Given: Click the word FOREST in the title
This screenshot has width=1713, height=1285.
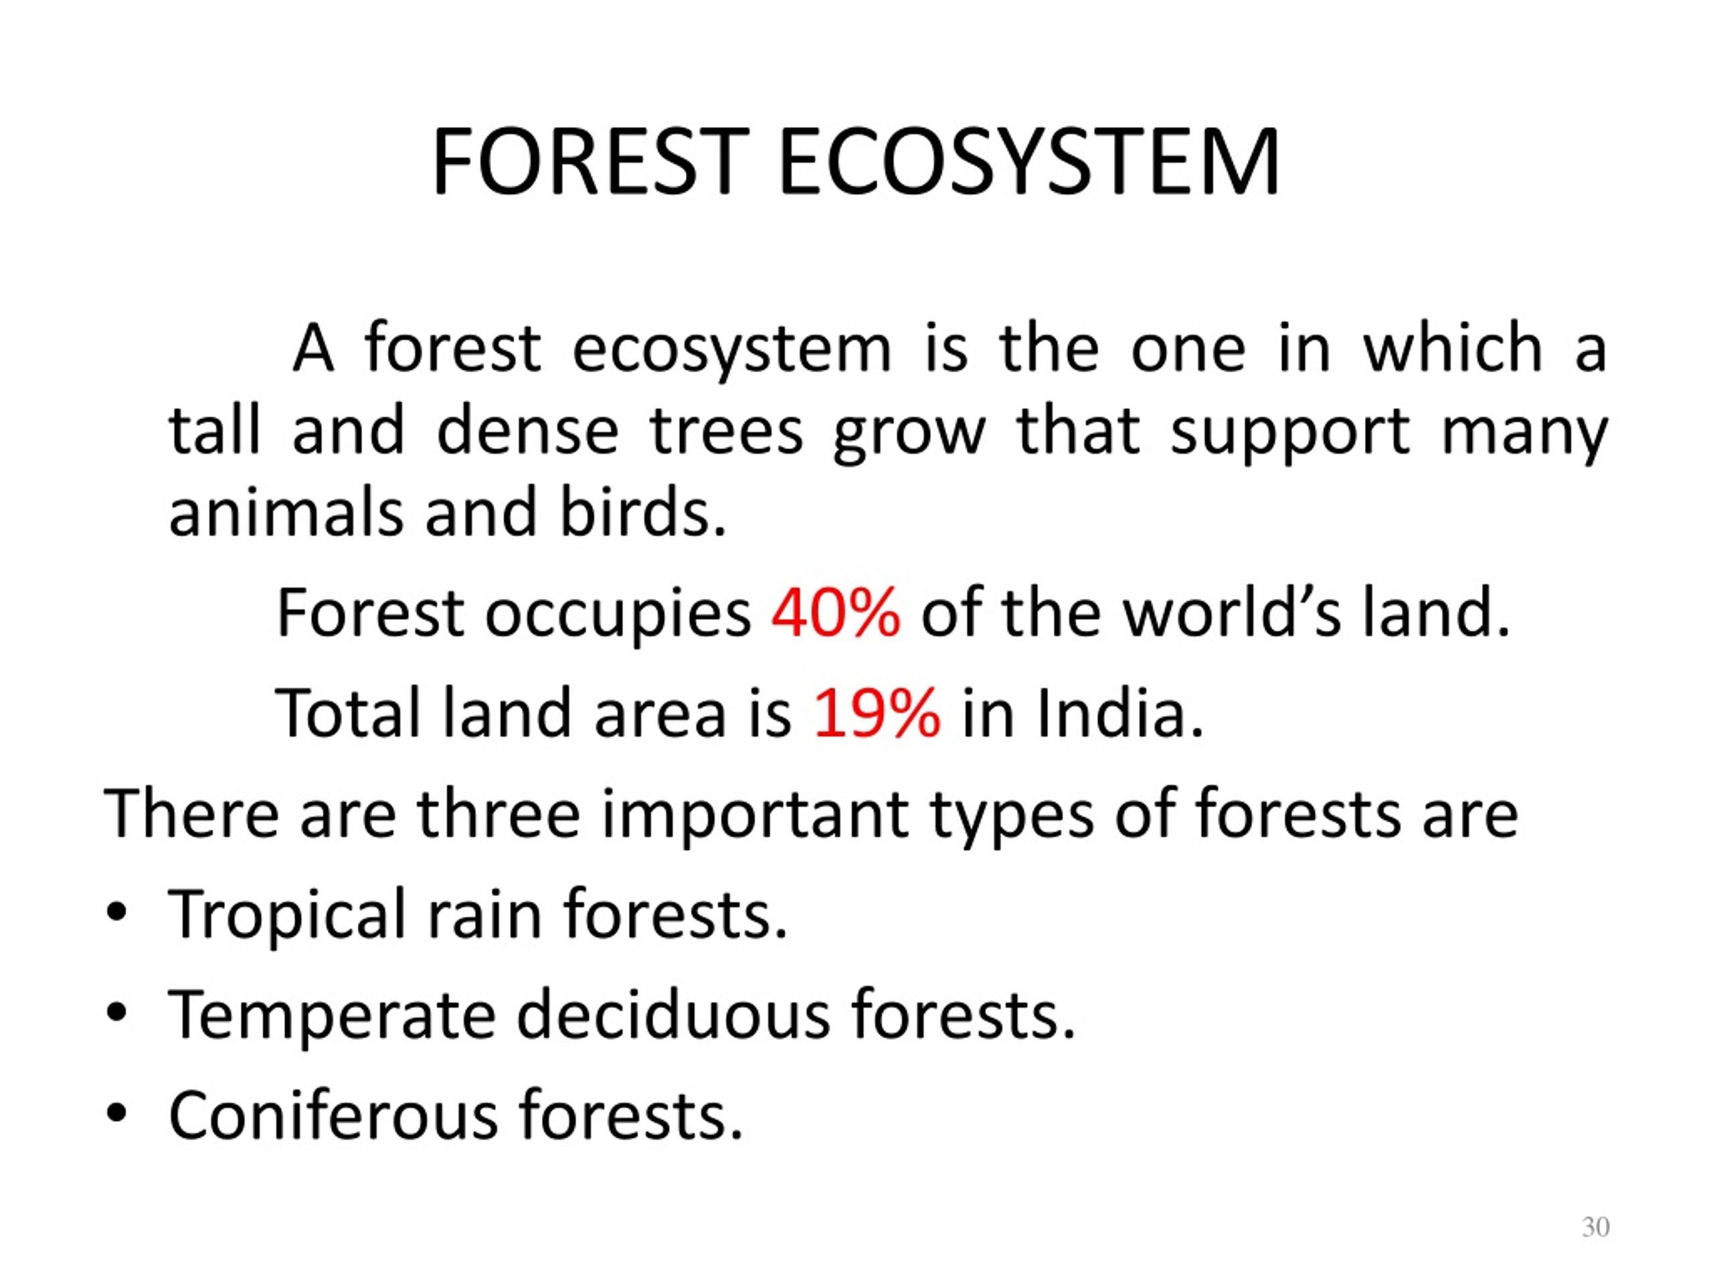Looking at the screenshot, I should point(590,163).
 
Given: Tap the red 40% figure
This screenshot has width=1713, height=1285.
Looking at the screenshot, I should point(836,612).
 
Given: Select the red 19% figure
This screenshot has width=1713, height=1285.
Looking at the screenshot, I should point(877,713).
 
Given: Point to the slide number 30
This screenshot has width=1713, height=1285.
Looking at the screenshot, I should point(1595,1227).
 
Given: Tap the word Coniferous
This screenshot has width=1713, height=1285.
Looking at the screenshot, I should point(333,1116).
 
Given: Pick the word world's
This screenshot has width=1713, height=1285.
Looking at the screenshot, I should point(1231,612).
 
